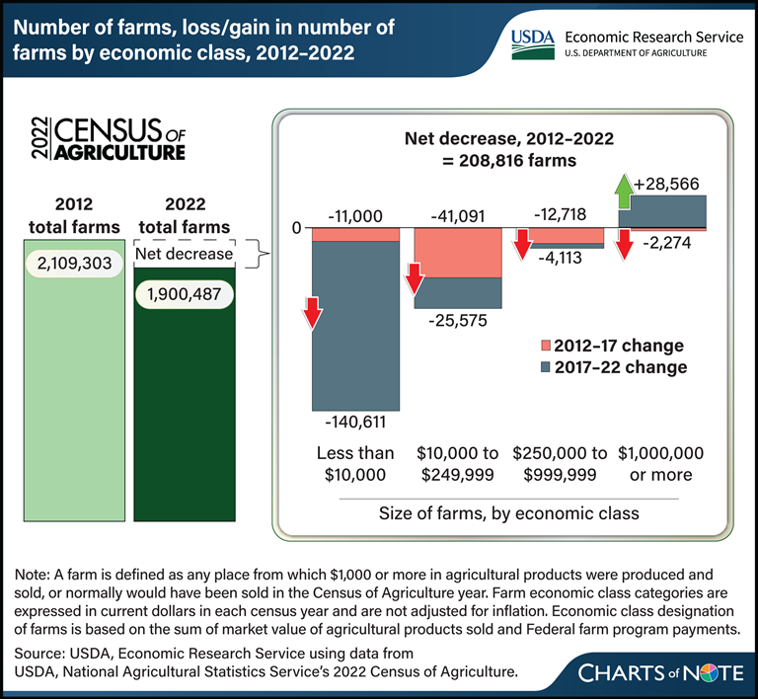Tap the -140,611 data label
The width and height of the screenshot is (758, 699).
pyautogui.click(x=355, y=422)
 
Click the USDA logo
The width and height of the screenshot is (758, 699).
pyautogui.click(x=534, y=42)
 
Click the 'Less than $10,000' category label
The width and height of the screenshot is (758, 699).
pyautogui.click(x=355, y=464)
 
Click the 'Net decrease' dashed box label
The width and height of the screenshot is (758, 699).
pyautogui.click(x=186, y=254)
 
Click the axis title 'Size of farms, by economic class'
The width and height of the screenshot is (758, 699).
pyautogui.click(x=508, y=513)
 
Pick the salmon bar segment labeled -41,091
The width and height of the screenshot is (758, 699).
pyautogui.click(x=457, y=253)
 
